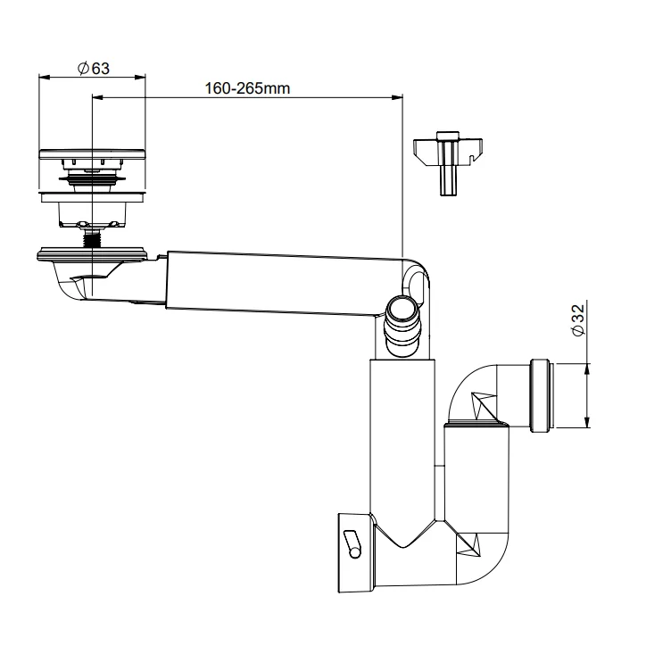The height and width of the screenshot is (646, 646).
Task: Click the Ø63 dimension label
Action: pyautogui.click(x=94, y=68)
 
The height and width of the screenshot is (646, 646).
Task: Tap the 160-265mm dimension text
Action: pyautogui.click(x=247, y=88)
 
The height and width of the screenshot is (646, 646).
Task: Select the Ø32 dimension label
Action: pyautogui.click(x=578, y=319)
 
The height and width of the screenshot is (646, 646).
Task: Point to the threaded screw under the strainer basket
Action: pyautogui.click(x=92, y=237)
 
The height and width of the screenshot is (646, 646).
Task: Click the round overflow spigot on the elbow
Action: pyautogui.click(x=402, y=326)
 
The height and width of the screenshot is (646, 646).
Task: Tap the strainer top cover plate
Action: pyautogui.click(x=92, y=154)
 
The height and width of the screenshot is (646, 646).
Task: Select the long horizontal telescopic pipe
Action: pyautogui.click(x=285, y=282)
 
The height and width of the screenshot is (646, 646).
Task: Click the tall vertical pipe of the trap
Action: pyautogui.click(x=402, y=436)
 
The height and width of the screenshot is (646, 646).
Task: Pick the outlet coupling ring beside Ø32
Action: pyautogui.click(x=542, y=395)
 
